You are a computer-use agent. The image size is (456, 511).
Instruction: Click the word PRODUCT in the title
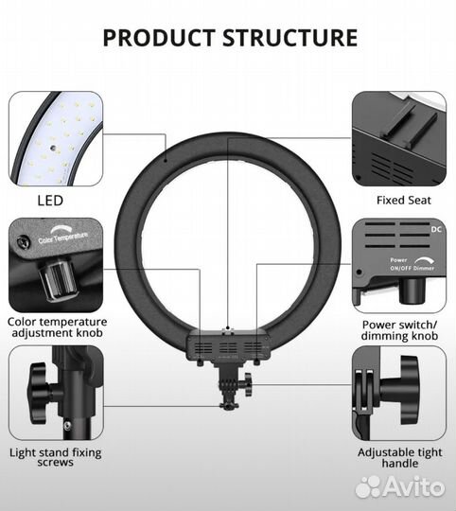click(x=159, y=38)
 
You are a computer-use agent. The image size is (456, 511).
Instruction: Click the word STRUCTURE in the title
click(x=290, y=38)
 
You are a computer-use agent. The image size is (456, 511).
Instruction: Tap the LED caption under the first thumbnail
click(x=50, y=201)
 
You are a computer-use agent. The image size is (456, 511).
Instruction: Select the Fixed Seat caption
click(x=404, y=200)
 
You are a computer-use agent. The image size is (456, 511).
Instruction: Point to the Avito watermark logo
click(x=400, y=487)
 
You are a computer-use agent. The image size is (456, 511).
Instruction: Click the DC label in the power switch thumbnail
click(x=436, y=229)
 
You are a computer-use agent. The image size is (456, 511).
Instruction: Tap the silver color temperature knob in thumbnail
click(x=58, y=278)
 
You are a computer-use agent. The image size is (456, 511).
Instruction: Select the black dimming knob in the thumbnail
click(x=412, y=291)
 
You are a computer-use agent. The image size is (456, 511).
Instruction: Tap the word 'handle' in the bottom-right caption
click(x=399, y=463)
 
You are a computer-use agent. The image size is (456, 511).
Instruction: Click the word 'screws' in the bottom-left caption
click(x=56, y=463)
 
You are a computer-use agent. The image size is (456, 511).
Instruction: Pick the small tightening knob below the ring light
click(x=248, y=384)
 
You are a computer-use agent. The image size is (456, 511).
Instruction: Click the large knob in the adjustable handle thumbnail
click(x=402, y=390)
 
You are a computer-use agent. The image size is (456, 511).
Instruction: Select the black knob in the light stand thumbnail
click(x=43, y=393)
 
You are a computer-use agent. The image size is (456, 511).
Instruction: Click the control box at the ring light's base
click(x=228, y=346)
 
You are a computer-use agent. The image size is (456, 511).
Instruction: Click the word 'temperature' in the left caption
click(x=75, y=322)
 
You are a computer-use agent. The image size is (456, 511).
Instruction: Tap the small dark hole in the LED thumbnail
click(x=52, y=148)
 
